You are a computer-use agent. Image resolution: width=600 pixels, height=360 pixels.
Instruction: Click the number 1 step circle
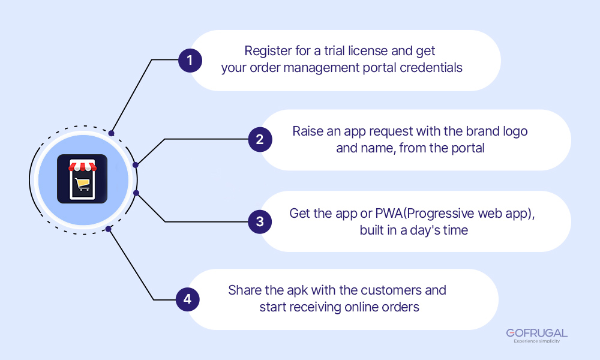[x=190, y=61]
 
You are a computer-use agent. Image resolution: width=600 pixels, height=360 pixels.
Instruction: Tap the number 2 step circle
[x=260, y=140]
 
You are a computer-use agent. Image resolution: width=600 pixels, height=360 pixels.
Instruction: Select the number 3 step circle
[x=260, y=221]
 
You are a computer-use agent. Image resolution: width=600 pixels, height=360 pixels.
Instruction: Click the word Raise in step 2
[x=308, y=131]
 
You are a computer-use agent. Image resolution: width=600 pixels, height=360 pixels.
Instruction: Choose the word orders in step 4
[x=401, y=307]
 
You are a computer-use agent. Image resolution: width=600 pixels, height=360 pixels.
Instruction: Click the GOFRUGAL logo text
[x=536, y=333]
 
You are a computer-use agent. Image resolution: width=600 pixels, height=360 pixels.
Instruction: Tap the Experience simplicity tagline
[x=536, y=341]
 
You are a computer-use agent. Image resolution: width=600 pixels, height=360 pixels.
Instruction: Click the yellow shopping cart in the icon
[x=82, y=185]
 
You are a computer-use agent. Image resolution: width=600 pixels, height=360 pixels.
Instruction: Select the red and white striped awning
[x=82, y=166]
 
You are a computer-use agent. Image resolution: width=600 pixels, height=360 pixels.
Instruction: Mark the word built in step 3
[x=373, y=230]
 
